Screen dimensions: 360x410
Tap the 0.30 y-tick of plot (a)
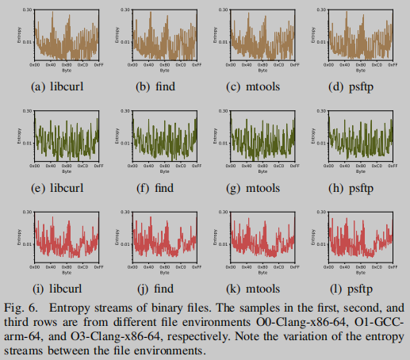[x=27, y=10]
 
